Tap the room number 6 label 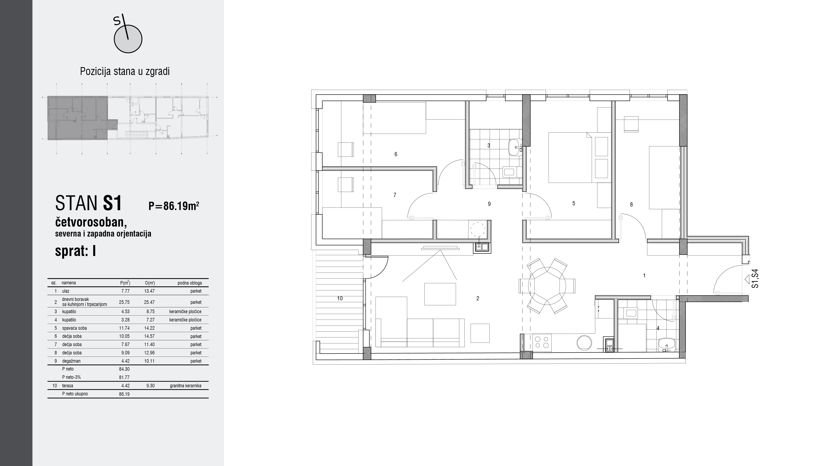pos(396,154)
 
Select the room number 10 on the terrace pos(340,298)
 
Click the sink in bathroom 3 pos(516,148)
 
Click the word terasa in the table pos(68,386)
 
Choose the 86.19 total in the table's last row pos(124,394)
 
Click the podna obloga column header pos(190,283)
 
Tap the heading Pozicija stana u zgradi pos(125,71)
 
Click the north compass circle pos(128,39)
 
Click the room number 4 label pos(658,328)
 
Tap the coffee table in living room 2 pos(440,294)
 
